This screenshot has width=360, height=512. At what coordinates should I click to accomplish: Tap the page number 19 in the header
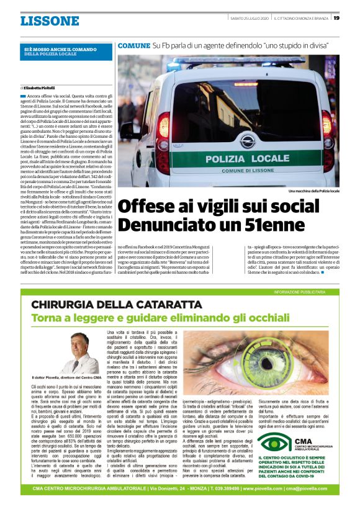coord(336,18)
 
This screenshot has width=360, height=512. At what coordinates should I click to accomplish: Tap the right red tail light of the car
coord(327,131)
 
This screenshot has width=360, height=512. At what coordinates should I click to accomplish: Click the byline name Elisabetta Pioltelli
coord(42,88)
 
